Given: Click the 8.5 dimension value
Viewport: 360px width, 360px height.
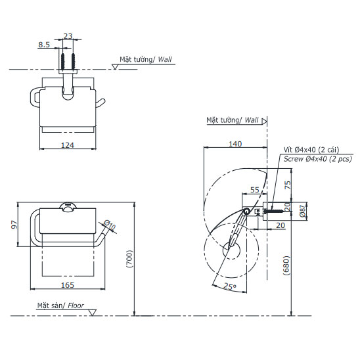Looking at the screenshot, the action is tap(44, 44).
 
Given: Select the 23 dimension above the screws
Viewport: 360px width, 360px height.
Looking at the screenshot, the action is tap(68, 36).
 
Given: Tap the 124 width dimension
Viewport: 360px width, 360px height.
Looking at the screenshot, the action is tap(68, 145).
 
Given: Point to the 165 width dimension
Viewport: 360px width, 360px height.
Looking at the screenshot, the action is tap(68, 285).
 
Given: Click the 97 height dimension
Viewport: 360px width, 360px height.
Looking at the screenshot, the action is tap(14, 224).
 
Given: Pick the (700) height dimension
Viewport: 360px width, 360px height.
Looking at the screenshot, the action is tap(129, 259).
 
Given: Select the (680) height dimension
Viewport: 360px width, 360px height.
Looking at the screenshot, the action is tap(286, 265).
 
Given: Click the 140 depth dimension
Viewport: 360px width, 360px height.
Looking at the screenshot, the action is tap(235, 144).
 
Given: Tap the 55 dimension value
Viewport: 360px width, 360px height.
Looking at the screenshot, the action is tap(255, 190).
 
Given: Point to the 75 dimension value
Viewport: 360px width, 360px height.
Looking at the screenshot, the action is tap(288, 185).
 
